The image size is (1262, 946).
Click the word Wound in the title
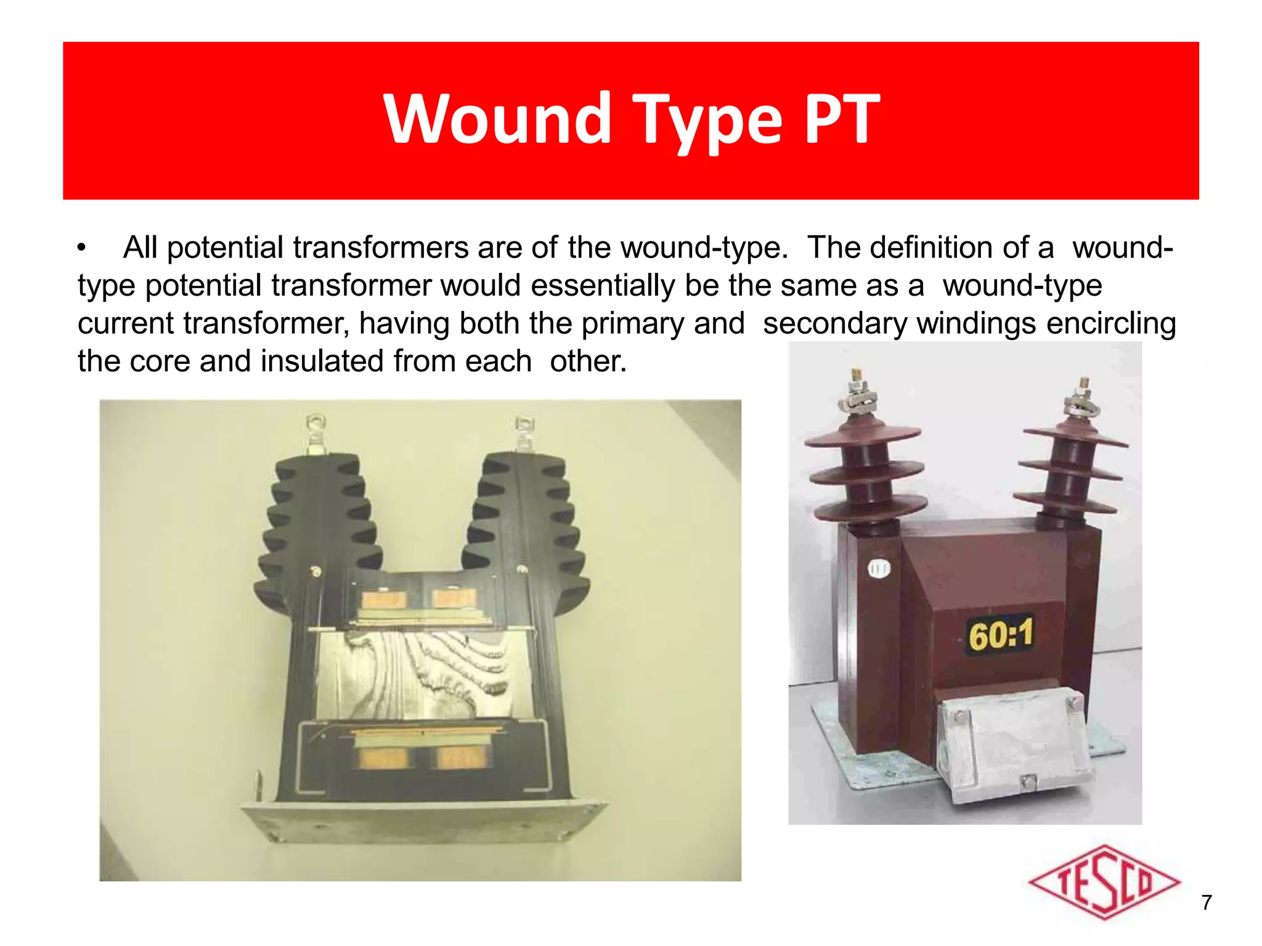coord(497,118)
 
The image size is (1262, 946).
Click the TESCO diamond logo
coord(1104,882)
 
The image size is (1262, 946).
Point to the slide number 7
coord(1207,902)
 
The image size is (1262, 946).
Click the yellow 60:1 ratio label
coord(1001,634)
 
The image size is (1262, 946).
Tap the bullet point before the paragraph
coord(81,248)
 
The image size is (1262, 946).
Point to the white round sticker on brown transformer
coord(878,568)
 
